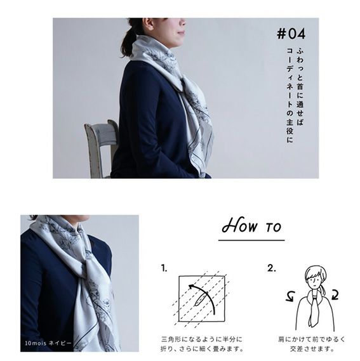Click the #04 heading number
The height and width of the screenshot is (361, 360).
tap(291, 34)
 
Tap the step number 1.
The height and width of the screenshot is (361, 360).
tap(164, 268)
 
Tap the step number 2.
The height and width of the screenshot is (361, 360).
tap(272, 268)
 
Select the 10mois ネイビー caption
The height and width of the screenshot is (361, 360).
tap(48, 343)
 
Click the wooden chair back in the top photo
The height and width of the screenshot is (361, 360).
tap(102, 147)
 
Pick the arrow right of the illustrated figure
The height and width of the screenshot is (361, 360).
tap(335, 295)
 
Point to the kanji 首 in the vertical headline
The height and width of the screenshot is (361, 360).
tap(300, 86)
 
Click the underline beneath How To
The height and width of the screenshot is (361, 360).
tap(251, 240)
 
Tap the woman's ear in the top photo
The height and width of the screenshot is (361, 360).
tap(147, 23)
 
